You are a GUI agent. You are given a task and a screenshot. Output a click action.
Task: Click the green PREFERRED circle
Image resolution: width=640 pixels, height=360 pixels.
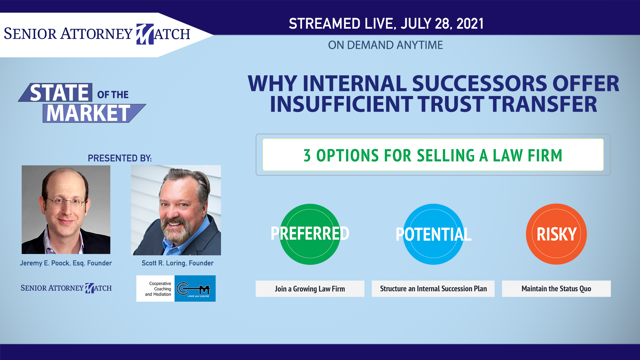coord(310,234)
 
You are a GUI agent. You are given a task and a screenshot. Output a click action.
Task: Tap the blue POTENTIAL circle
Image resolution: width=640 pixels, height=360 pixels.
coord(433,234)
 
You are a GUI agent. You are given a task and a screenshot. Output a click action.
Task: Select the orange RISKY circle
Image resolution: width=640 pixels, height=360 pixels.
coord(556,234)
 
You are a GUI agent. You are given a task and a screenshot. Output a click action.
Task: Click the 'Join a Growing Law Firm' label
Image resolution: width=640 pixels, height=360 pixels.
coord(310,289)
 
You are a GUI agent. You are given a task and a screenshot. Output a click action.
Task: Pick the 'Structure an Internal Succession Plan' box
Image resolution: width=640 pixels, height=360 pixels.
coord(433,289)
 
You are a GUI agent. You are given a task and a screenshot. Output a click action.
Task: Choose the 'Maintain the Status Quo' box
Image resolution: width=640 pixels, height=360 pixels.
coord(556,289)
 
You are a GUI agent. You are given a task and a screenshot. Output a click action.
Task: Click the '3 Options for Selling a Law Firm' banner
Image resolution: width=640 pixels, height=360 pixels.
coord(433,155)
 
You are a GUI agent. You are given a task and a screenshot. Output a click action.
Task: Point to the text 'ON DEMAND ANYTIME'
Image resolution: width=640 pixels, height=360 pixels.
coord(385,45)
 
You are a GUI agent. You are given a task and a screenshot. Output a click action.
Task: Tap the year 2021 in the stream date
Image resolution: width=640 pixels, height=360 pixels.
coord(470,24)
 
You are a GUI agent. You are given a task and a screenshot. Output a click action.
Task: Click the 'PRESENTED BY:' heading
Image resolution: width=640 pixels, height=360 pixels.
coord(120,158)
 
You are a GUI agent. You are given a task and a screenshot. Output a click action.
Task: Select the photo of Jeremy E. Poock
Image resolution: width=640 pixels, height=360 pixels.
coord(66,210)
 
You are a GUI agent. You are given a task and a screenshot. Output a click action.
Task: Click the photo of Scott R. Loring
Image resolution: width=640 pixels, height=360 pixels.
coord(176,210)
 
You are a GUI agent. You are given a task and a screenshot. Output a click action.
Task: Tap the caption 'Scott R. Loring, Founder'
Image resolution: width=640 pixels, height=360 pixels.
coord(178,263)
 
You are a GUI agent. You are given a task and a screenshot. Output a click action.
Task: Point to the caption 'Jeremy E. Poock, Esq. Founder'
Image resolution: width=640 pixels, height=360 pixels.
coord(66,263)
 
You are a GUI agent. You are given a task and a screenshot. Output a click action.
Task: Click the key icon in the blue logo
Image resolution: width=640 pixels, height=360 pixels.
coord(193,289)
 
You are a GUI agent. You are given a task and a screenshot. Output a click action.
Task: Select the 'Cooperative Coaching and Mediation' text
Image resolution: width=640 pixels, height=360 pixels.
coord(158,289)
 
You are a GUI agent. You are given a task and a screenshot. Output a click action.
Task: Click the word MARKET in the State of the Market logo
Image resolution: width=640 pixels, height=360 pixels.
coord(88,113)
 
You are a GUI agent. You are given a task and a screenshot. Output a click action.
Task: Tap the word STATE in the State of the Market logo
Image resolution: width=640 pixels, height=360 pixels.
coord(59,93)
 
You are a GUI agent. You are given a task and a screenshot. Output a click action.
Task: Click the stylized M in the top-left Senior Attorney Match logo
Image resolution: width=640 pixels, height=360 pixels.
coord(145,34)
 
